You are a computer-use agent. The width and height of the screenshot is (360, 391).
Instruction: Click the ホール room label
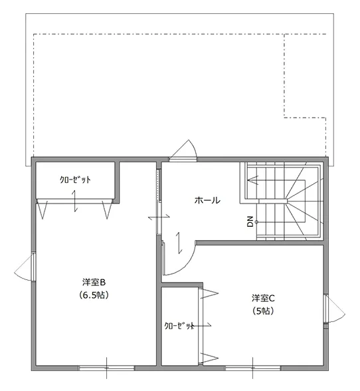coord(207,200)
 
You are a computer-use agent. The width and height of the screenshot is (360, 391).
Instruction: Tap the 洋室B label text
coord(94,283)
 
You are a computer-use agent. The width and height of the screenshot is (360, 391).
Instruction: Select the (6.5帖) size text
coord(94,295)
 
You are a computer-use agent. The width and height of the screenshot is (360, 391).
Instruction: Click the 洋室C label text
coord(263,298)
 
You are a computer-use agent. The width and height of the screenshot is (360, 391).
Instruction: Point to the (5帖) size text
coord(263,311)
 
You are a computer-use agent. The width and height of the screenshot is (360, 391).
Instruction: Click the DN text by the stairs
coord(250,221)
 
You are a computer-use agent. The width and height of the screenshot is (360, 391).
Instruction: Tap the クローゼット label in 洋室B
coord(75,180)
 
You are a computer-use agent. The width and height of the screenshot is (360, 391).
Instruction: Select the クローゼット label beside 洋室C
coord(179,326)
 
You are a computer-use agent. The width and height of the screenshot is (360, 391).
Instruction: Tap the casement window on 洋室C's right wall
coord(335,309)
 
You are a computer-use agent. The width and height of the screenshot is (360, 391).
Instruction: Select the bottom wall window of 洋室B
coord(107,368)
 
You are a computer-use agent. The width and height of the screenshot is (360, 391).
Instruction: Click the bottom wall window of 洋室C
coord(253,368)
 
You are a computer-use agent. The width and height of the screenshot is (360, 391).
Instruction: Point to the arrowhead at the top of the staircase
coord(252,180)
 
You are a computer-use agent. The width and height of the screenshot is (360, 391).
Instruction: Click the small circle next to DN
coord(256,221)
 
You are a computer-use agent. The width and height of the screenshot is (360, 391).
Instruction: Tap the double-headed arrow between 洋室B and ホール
coord(159,217)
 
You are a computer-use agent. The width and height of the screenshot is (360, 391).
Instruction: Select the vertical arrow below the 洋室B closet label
coord(75,201)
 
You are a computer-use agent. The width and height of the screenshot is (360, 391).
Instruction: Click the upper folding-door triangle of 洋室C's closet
coord(209,293)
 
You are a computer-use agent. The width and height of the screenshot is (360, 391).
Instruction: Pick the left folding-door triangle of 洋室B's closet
coord(42,210)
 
